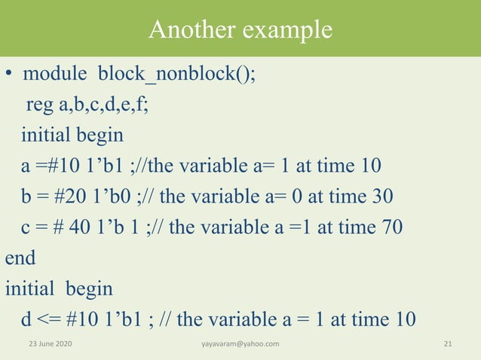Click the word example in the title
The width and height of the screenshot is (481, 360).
pos(287,29)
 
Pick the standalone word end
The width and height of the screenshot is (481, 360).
pos(20,258)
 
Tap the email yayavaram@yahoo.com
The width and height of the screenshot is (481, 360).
pos(240,344)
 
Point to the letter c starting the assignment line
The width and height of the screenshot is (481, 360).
pos(26,227)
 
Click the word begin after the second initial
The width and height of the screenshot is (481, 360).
pos(89,288)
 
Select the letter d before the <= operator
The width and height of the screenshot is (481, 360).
pos(26,319)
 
